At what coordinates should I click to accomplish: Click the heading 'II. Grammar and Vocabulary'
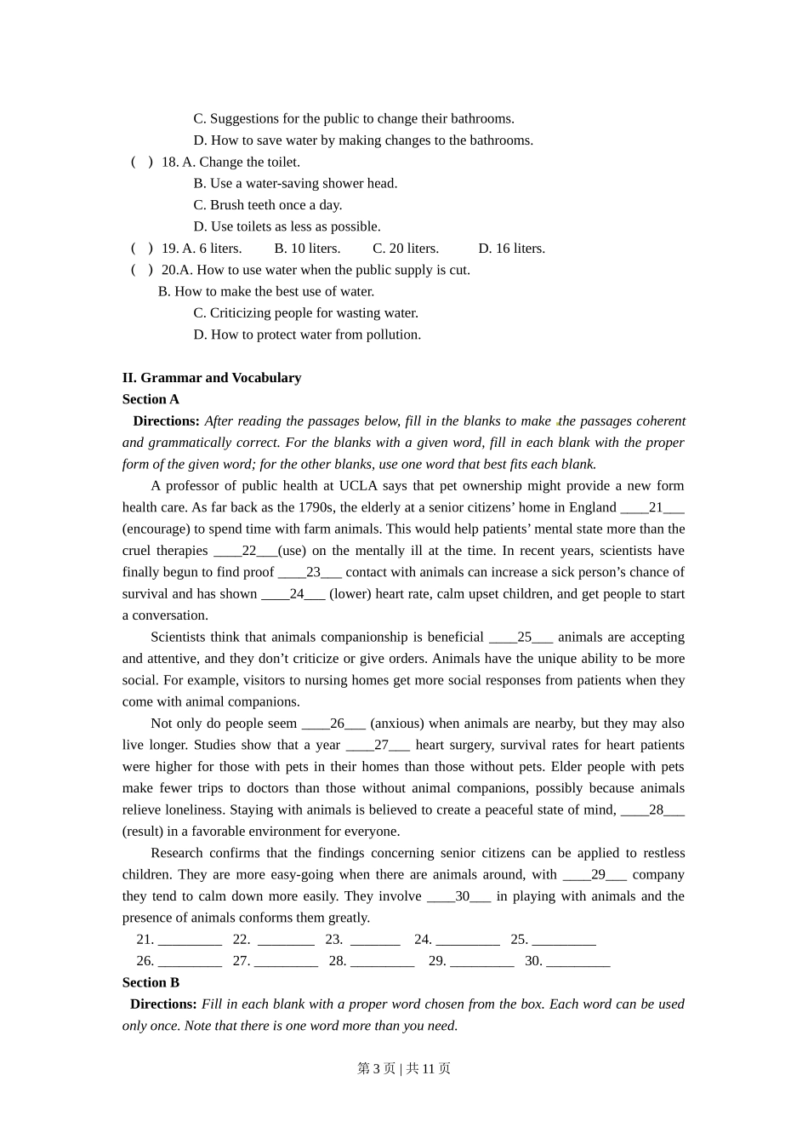click(x=212, y=378)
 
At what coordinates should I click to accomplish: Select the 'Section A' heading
click(x=151, y=399)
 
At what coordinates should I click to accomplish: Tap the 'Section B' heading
click(x=151, y=982)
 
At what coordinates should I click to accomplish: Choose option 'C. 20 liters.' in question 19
click(x=406, y=249)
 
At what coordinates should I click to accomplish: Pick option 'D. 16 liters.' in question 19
click(x=511, y=249)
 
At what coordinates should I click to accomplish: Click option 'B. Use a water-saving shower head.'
click(x=295, y=184)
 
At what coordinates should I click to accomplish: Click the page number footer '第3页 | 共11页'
click(x=404, y=1069)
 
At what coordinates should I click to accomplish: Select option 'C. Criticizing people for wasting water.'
click(x=305, y=313)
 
